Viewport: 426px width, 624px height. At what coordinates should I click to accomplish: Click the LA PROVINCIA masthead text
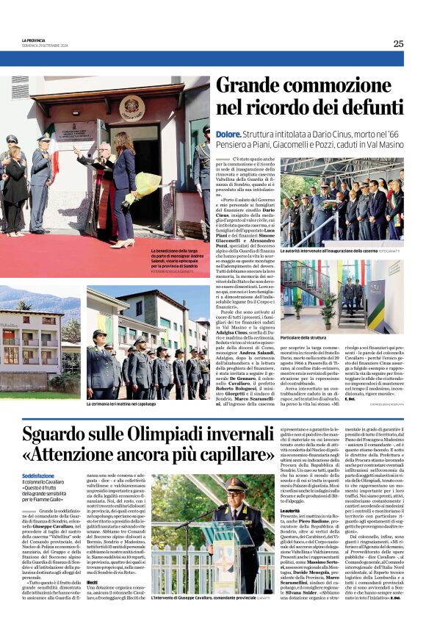(35, 40)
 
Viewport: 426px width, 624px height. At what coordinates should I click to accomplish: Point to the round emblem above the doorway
(131, 107)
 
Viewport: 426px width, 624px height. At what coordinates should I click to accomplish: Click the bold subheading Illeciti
(93, 582)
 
